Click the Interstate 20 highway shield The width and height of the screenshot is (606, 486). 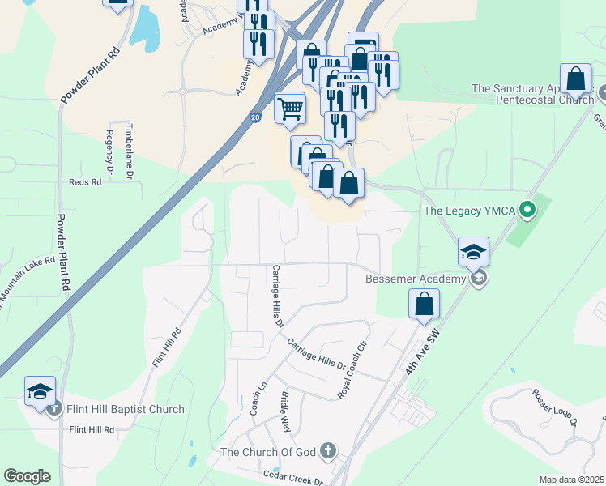[x=255, y=117]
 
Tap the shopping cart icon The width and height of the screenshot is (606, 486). [x=290, y=107]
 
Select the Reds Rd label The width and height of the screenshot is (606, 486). [x=85, y=182]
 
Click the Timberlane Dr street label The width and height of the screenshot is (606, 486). [x=128, y=151]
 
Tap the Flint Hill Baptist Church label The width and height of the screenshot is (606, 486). [x=125, y=410]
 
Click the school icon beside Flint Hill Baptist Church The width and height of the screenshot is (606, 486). [x=40, y=391]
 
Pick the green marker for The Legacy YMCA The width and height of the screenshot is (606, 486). [x=527, y=211]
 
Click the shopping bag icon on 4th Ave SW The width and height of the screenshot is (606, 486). [x=424, y=305]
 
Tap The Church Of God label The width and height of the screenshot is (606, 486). [x=271, y=452]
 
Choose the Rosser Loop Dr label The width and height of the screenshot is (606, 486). [x=554, y=407]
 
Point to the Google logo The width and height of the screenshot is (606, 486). [x=27, y=476]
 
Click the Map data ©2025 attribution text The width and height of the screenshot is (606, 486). [x=572, y=480]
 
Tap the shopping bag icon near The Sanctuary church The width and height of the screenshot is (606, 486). [x=575, y=79]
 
